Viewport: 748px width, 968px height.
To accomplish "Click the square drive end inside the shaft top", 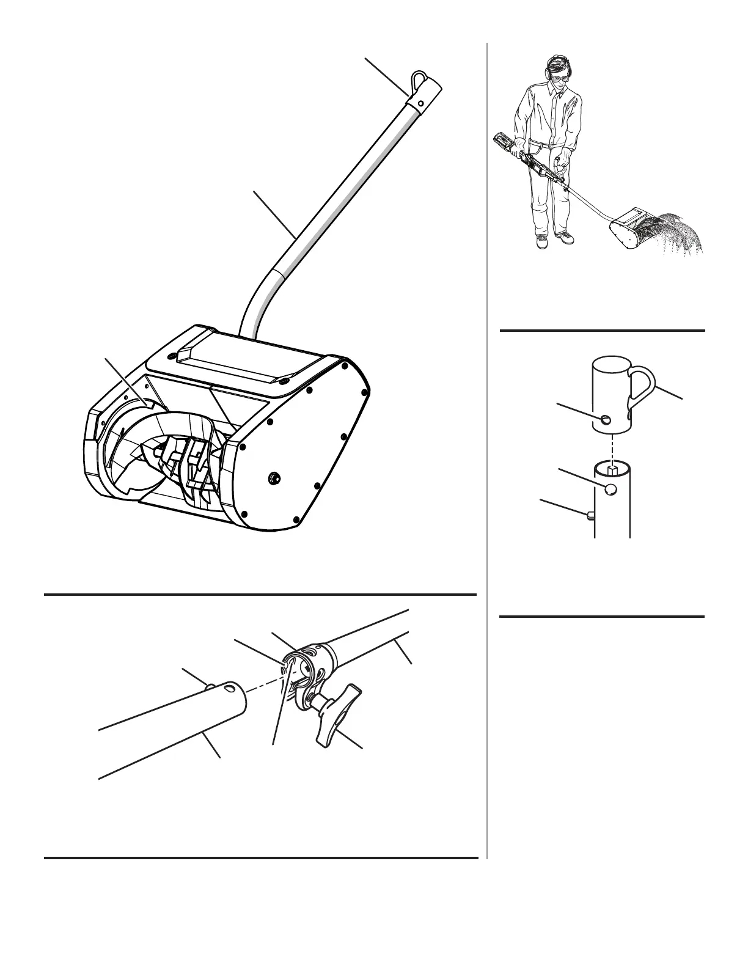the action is point(612,470).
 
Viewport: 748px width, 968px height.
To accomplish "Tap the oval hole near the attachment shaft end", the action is point(230,689).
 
